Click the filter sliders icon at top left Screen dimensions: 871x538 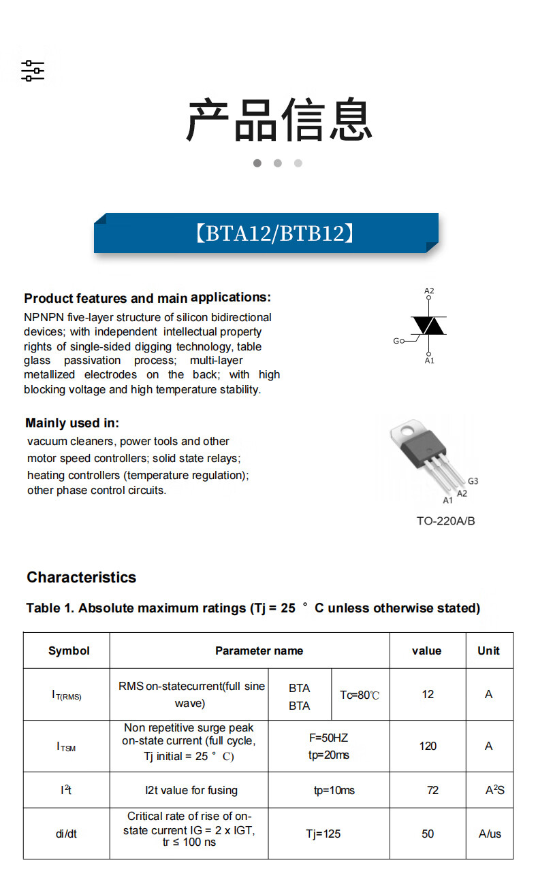pyautogui.click(x=32, y=71)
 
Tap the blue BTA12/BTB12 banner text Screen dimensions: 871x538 pyautogui.click(x=275, y=233)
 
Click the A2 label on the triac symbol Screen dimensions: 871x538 pyautogui.click(x=429, y=291)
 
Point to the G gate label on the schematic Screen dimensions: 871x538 pyautogui.click(x=396, y=341)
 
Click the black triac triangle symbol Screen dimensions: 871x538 pyautogui.click(x=429, y=326)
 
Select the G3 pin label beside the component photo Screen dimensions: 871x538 pyautogui.click(x=473, y=481)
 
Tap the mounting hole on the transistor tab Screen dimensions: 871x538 pyautogui.click(x=407, y=431)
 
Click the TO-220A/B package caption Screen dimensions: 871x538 pyautogui.click(x=445, y=521)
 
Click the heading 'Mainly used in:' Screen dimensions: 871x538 pyautogui.click(x=72, y=423)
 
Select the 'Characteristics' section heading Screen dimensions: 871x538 pyautogui.click(x=81, y=577)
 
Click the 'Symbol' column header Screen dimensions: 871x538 pyautogui.click(x=69, y=651)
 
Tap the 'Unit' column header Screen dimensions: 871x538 pyautogui.click(x=488, y=651)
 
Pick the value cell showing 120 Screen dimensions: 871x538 pyautogui.click(x=428, y=746)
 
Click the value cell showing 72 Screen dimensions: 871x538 pyautogui.click(x=432, y=790)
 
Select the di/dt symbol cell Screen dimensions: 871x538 pyautogui.click(x=66, y=834)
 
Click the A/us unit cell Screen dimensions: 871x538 pyautogui.click(x=490, y=834)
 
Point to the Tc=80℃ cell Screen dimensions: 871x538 pyautogui.click(x=360, y=695)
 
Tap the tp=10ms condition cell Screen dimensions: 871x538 pyautogui.click(x=334, y=790)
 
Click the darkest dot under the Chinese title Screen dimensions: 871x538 pyautogui.click(x=257, y=163)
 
